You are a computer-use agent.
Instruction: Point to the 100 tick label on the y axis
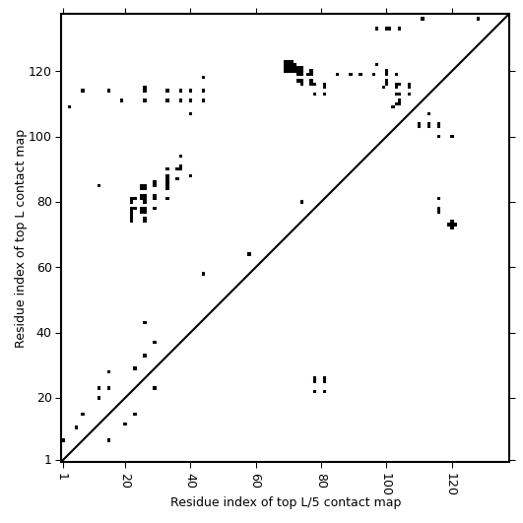(x=39, y=137)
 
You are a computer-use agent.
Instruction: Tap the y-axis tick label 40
(x=43, y=333)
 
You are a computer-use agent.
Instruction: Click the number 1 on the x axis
(x=63, y=477)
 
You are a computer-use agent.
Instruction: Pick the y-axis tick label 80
(x=43, y=202)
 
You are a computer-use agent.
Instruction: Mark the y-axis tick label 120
(x=39, y=71)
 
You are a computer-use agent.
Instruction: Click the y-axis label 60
(x=43, y=268)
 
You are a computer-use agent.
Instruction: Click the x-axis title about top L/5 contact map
(x=286, y=502)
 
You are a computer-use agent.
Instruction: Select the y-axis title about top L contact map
(x=20, y=238)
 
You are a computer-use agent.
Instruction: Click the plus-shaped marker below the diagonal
(x=452, y=225)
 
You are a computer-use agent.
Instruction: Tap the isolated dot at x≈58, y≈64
(x=249, y=254)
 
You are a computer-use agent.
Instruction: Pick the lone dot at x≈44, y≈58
(x=204, y=274)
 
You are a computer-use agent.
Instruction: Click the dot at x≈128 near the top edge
(x=478, y=19)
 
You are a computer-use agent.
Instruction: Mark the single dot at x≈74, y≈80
(x=301, y=202)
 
